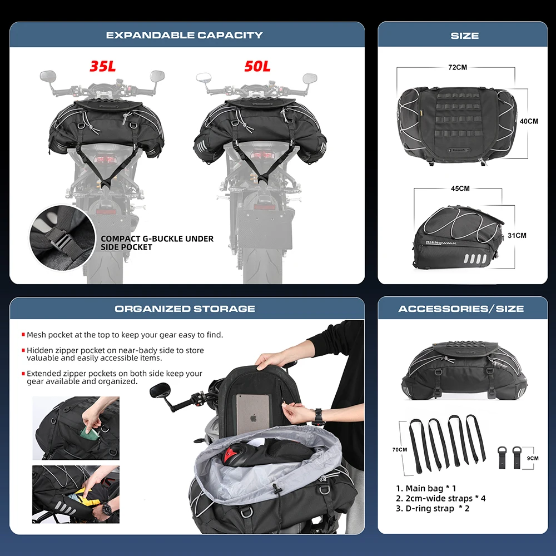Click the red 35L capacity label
click(x=103, y=66)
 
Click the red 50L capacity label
click(x=257, y=66)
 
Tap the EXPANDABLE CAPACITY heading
click(x=185, y=35)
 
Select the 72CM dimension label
click(x=458, y=67)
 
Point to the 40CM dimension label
click(x=529, y=121)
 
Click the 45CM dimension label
click(x=460, y=188)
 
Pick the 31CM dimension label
click(x=517, y=236)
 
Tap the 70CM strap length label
click(x=399, y=449)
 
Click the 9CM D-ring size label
click(x=533, y=458)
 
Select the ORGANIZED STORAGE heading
click(x=185, y=309)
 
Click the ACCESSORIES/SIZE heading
click(x=461, y=309)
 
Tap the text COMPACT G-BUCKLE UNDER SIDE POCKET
click(x=157, y=243)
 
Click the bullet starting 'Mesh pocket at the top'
click(x=125, y=335)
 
